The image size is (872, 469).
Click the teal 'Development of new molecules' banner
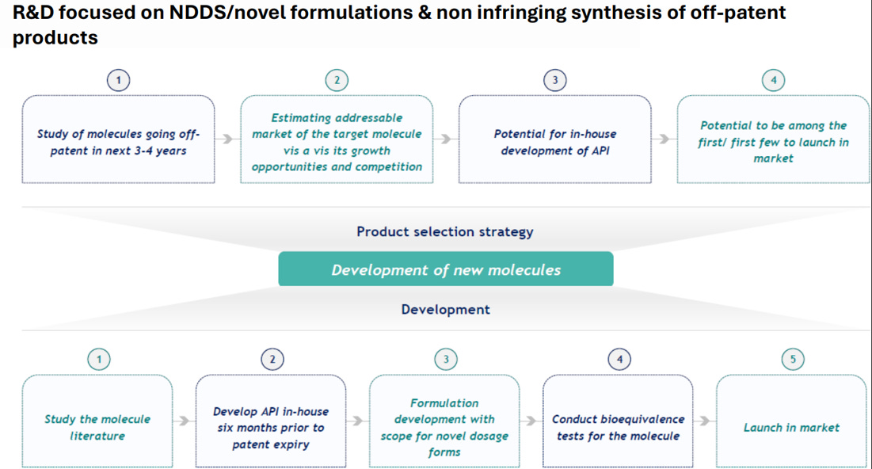pos(445,269)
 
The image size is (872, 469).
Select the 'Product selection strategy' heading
pos(444,231)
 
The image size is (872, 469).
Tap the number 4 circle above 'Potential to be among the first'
pos(773,79)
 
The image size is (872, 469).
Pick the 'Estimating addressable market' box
pos(337,141)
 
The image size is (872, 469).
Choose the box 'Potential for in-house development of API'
pos(554,141)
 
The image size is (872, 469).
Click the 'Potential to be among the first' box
pos(773,141)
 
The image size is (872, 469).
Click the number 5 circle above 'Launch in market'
pos(793,359)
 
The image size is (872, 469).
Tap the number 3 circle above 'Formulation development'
pos(445,359)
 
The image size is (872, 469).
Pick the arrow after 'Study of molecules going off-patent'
pos(227,139)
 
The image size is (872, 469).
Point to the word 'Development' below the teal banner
pos(445,309)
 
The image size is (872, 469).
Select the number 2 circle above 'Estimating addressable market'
pos(337,79)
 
